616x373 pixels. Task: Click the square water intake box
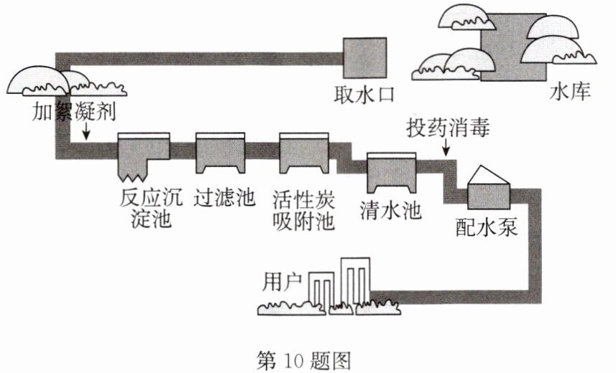tap(365, 58)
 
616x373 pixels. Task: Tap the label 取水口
tap(364, 95)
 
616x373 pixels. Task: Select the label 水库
tap(570, 93)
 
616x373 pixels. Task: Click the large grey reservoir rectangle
tap(513, 47)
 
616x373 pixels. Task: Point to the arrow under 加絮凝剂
tap(86, 131)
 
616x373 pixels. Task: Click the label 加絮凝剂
tap(74, 111)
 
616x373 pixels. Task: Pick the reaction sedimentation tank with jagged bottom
tap(144, 157)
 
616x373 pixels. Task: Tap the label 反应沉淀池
tap(151, 208)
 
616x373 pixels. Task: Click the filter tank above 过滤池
tap(221, 153)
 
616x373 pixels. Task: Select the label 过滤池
tap(224, 197)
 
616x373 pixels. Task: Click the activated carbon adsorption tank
tap(304, 153)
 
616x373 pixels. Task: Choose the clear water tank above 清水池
tap(391, 173)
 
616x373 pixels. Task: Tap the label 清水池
tap(391, 211)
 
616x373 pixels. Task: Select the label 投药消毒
tap(449, 128)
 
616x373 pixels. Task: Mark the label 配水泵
tap(487, 227)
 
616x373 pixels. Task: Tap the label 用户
tap(282, 282)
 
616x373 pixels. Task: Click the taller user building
tap(355, 281)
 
